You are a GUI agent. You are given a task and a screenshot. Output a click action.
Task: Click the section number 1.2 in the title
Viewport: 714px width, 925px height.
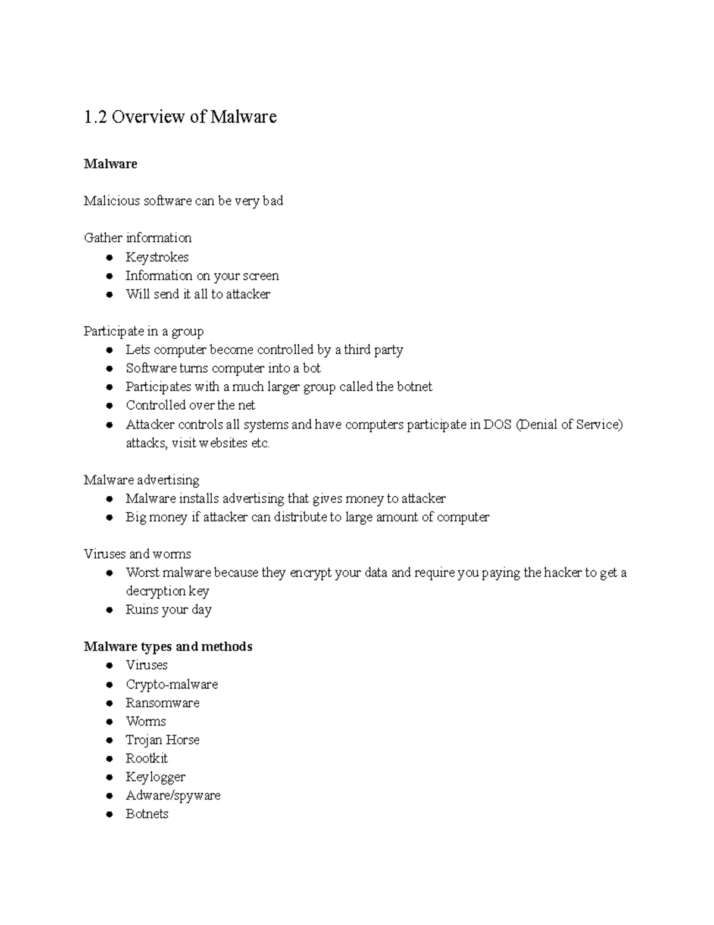click(x=95, y=117)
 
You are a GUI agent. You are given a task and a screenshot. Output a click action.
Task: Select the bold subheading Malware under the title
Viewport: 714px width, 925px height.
click(x=110, y=164)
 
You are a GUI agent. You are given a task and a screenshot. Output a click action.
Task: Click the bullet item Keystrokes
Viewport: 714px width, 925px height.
click(x=156, y=257)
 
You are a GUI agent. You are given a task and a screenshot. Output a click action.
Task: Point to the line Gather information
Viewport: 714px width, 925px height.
click(x=137, y=238)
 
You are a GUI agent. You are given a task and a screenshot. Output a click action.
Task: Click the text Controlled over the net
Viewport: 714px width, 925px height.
click(x=190, y=406)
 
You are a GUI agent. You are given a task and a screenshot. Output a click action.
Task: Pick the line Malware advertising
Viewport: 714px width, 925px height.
click(x=141, y=480)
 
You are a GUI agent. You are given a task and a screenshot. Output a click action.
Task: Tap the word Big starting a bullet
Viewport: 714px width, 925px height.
click(x=136, y=517)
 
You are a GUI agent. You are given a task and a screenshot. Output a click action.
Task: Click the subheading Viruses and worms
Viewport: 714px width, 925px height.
click(x=137, y=554)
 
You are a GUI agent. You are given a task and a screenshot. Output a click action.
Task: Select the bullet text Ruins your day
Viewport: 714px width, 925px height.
click(x=168, y=610)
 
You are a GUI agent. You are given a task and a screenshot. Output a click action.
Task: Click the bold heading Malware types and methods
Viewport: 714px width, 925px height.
click(x=168, y=647)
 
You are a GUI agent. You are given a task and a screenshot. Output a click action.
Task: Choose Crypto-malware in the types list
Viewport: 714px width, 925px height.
click(x=171, y=684)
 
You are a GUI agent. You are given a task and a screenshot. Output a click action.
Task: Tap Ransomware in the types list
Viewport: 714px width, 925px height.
click(x=162, y=703)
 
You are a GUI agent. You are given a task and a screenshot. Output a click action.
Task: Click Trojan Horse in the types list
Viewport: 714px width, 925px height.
click(x=162, y=740)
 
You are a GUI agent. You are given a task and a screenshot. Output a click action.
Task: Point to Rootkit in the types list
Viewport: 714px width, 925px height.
click(x=146, y=758)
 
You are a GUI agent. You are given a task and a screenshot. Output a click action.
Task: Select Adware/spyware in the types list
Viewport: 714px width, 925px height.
click(x=173, y=796)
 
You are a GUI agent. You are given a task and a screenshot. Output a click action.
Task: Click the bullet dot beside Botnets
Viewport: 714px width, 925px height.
click(x=109, y=814)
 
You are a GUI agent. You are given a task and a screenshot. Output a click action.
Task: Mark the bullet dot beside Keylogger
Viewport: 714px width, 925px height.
click(x=109, y=777)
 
